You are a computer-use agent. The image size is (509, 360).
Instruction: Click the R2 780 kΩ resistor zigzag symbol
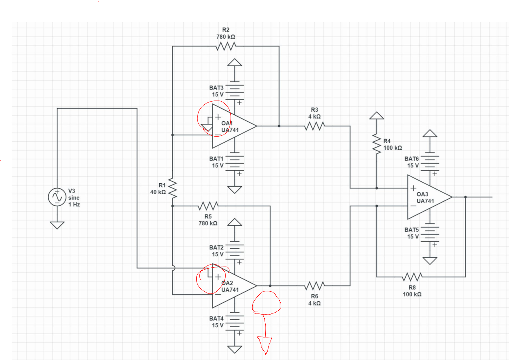pos(226,47)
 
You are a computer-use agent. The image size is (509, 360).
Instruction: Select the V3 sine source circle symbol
pos(57,197)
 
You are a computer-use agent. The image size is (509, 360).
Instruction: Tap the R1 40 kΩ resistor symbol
pos(172,188)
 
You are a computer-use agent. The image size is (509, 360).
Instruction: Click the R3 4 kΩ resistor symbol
pos(314,126)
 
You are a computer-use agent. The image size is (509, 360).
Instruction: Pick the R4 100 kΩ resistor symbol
pos(377,144)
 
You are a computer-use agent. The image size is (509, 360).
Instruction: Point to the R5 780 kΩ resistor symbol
pos(208,206)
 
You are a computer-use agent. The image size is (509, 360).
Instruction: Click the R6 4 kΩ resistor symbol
pos(314,286)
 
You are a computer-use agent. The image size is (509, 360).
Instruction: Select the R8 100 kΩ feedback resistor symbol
pos(412,277)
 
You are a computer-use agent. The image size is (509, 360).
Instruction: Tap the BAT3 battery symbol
pos(235,91)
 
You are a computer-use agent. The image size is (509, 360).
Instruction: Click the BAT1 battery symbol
pos(235,162)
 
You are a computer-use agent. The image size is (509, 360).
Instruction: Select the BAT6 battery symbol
pos(430,162)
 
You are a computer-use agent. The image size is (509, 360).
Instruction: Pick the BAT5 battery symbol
pos(430,233)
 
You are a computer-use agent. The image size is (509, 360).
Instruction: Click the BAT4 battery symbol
pos(235,322)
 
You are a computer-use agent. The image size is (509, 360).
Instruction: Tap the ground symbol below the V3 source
pos(57,225)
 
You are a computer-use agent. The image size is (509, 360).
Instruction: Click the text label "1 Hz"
pos(74,204)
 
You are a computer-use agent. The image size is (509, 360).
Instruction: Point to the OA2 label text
pos(227,283)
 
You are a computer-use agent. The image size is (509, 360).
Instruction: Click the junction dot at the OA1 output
pos(279,126)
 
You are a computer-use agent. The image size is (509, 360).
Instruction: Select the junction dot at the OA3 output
pos(465,197)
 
